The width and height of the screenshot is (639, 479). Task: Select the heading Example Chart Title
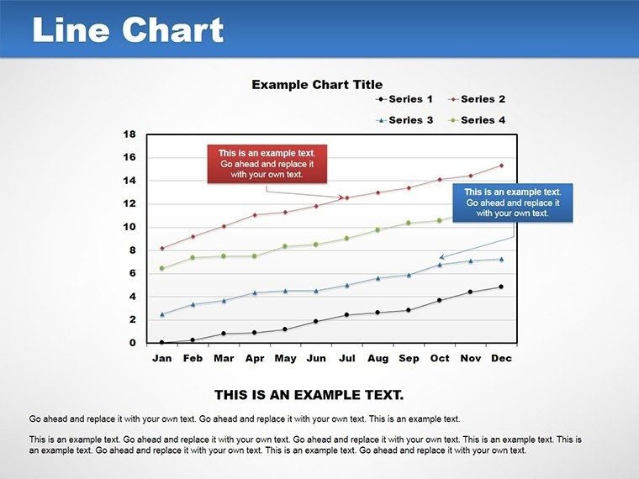click(317, 84)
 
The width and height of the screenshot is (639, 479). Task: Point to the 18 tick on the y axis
click(129, 134)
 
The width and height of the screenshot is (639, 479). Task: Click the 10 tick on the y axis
click(129, 227)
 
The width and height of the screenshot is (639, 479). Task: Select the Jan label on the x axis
click(161, 358)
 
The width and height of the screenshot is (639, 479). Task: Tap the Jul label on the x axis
click(346, 358)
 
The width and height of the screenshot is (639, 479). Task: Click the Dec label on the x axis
click(501, 358)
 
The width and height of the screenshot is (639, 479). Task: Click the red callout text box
click(267, 164)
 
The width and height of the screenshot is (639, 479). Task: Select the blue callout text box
click(512, 203)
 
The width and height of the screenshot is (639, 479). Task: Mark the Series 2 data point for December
click(501, 166)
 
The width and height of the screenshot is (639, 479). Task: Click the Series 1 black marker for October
click(439, 300)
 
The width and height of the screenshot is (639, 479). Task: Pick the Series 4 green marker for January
click(161, 268)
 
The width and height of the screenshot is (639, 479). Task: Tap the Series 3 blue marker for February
click(193, 304)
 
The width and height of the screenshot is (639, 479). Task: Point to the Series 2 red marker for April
click(254, 215)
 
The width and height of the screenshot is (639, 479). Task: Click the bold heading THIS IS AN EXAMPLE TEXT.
click(309, 394)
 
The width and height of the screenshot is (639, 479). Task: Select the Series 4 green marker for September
click(409, 223)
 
